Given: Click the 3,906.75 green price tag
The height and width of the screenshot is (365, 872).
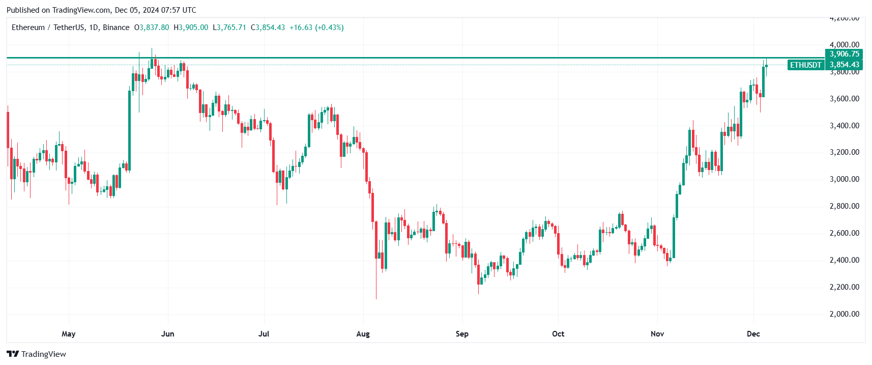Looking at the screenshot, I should pyautogui.click(x=844, y=54).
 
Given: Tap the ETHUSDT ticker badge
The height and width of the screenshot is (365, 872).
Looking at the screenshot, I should pyautogui.click(x=805, y=65).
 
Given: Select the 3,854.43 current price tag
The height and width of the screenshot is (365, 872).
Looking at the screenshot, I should pyautogui.click(x=844, y=65).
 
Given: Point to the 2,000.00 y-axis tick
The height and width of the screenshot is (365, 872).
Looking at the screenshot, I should pyautogui.click(x=844, y=314).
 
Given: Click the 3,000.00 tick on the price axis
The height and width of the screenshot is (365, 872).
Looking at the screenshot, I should pyautogui.click(x=844, y=179).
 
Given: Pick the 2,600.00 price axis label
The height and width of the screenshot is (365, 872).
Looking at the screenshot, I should pyautogui.click(x=844, y=233).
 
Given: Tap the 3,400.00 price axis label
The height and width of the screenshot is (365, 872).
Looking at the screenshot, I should pyautogui.click(x=844, y=126).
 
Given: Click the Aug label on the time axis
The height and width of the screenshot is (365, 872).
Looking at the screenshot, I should pyautogui.click(x=363, y=334).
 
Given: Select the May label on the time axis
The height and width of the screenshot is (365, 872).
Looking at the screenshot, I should pyautogui.click(x=68, y=334).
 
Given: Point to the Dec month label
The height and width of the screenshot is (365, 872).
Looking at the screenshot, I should pyautogui.click(x=753, y=334).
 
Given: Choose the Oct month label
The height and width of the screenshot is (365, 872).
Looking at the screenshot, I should pyautogui.click(x=558, y=334).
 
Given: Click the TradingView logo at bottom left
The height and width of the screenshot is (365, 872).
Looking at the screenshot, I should pyautogui.click(x=36, y=354).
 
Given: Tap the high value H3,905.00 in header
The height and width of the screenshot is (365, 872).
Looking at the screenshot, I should pyautogui.click(x=191, y=27).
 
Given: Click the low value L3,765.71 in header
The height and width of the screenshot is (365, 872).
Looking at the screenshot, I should pyautogui.click(x=229, y=27).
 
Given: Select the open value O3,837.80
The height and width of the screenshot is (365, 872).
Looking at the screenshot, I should pyautogui.click(x=152, y=27).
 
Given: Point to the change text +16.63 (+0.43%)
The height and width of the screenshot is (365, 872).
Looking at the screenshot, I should pyautogui.click(x=316, y=27).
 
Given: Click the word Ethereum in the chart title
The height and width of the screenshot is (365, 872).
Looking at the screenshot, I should pyautogui.click(x=28, y=27).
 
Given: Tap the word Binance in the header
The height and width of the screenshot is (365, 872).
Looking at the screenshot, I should pyautogui.click(x=116, y=27).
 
